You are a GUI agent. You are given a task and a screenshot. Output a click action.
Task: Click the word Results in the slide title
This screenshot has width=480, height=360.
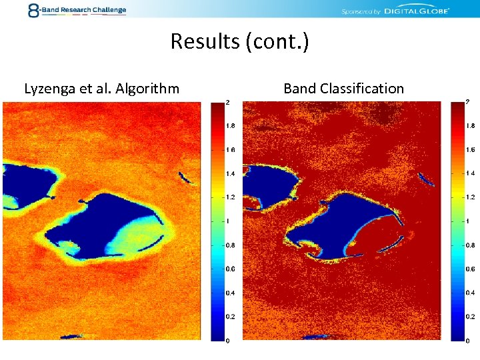[205, 41]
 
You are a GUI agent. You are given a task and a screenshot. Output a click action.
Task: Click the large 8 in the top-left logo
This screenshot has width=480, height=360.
[33, 10]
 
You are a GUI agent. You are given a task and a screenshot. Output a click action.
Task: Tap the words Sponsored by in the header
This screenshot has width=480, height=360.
[361, 11]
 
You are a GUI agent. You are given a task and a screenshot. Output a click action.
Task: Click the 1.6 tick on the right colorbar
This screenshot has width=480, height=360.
[470, 149]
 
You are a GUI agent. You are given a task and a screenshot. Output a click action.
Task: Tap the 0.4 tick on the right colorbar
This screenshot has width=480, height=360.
[470, 293]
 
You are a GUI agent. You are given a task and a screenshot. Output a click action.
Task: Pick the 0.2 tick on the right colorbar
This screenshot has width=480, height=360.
[470, 317]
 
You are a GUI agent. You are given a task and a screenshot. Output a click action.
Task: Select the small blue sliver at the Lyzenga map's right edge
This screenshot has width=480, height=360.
[185, 177]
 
